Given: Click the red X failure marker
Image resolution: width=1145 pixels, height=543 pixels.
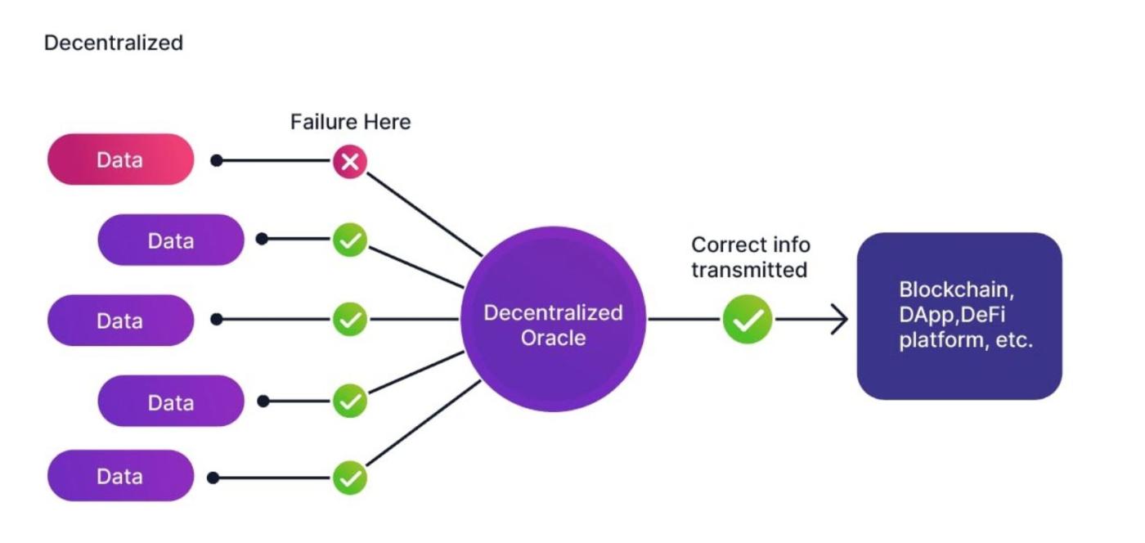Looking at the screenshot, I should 350,162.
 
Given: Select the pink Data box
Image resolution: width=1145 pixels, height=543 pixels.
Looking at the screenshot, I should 120,159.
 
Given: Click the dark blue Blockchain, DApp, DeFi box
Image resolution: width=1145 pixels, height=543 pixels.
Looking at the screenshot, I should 959,316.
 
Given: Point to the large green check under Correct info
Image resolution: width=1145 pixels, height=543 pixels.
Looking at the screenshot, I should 748,319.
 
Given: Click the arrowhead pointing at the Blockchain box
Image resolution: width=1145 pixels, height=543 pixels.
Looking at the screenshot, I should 839,319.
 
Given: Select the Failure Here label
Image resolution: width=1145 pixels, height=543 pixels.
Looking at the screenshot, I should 350,123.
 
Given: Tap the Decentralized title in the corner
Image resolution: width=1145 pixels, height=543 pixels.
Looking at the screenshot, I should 113,43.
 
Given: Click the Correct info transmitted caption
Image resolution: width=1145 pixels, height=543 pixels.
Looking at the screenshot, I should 750,257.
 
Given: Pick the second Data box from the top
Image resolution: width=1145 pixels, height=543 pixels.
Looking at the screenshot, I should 171,240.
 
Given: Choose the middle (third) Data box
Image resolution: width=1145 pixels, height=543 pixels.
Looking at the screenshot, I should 120,321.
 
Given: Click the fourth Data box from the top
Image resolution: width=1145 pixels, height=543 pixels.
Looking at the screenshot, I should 171,402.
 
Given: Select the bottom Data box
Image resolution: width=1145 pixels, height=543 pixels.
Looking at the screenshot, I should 120,476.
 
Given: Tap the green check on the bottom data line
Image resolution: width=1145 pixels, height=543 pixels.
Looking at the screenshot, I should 350,478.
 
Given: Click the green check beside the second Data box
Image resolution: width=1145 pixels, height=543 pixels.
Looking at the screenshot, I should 350,240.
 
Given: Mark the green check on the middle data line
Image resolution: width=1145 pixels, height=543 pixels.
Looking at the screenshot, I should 350,319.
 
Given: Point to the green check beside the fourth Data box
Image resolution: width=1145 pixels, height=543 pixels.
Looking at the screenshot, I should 350,401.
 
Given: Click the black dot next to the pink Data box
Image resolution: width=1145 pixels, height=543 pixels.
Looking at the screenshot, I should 217,161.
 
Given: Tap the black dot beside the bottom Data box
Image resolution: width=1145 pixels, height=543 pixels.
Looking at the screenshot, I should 213,478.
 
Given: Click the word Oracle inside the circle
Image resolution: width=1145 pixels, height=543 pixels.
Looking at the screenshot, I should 553,338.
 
